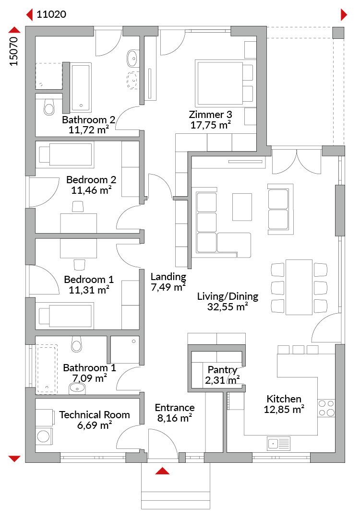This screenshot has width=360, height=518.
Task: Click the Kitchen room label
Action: pos(284,399)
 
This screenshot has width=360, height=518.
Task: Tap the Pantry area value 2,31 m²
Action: pos(222,380)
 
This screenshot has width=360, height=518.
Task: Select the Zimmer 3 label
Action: pos(210,114)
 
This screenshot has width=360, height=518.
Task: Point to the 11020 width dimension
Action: pos(51,14)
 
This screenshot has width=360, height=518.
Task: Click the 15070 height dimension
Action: pos(13,51)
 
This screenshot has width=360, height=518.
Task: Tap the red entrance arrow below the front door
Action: pos(162,471)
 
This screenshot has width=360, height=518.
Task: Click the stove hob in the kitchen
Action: pos(326,408)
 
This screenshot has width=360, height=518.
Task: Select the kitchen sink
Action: pos(279,443)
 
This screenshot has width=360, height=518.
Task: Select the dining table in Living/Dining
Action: pos(299,287)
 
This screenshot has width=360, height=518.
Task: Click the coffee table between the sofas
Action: pos(242,207)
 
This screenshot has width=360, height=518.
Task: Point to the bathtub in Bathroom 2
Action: pos(81,88)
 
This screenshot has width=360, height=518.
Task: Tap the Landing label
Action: pos(168,276)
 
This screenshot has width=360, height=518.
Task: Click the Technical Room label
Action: pos(94,414)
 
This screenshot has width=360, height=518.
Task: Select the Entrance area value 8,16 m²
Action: pos(175,418)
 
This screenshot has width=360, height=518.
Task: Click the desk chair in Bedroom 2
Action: pos(78,206)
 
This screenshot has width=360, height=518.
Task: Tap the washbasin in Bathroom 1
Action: pos(77,388)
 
